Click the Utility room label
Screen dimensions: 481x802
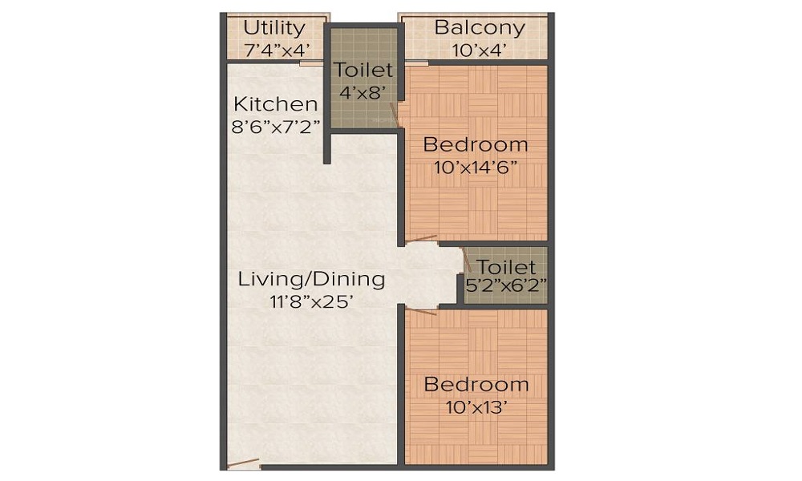[x=274, y=28]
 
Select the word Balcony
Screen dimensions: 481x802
[x=480, y=28]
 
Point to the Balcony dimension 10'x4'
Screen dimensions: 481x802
[x=480, y=49]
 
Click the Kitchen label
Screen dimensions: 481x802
[x=275, y=104]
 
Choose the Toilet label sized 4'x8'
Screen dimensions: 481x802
[x=364, y=71]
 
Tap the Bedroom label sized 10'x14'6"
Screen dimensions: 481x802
[x=476, y=145]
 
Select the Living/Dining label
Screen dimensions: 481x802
[x=311, y=280]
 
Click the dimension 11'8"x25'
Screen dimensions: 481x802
[x=311, y=301]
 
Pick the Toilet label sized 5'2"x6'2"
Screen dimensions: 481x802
[x=506, y=267]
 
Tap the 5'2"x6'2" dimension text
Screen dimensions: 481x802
[x=506, y=284]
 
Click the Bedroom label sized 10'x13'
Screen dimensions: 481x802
[x=476, y=385]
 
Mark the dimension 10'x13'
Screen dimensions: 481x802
[x=476, y=406]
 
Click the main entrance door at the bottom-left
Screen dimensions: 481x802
[x=243, y=463]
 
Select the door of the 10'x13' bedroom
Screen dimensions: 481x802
[x=421, y=311]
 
